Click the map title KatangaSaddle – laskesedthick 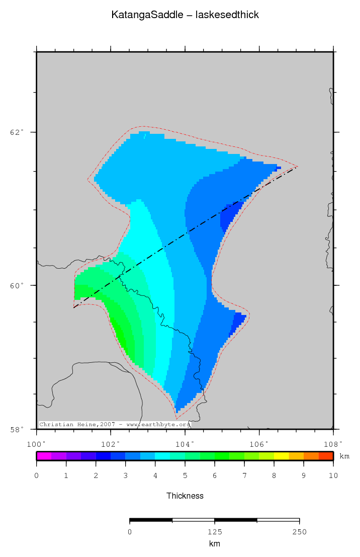click(185, 15)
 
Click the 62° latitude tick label click(17, 132)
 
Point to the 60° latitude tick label click(17, 285)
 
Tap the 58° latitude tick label click(17, 429)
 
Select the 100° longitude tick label click(36, 444)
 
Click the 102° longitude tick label click(111, 444)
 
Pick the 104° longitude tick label click(185, 444)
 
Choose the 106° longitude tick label click(259, 444)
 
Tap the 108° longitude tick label click(333, 444)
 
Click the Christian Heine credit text click(115, 425)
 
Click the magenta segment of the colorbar click(44, 456)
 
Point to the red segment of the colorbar click(326, 456)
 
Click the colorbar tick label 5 click(185, 475)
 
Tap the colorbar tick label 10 click(333, 475)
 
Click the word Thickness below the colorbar click(185, 496)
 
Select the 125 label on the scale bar click(215, 532)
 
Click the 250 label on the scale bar click(300, 532)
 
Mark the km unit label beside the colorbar click(344, 456)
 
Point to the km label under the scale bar click(215, 544)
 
